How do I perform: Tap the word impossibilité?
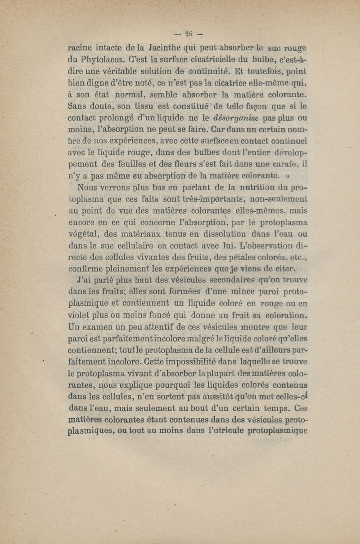point(185,362)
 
